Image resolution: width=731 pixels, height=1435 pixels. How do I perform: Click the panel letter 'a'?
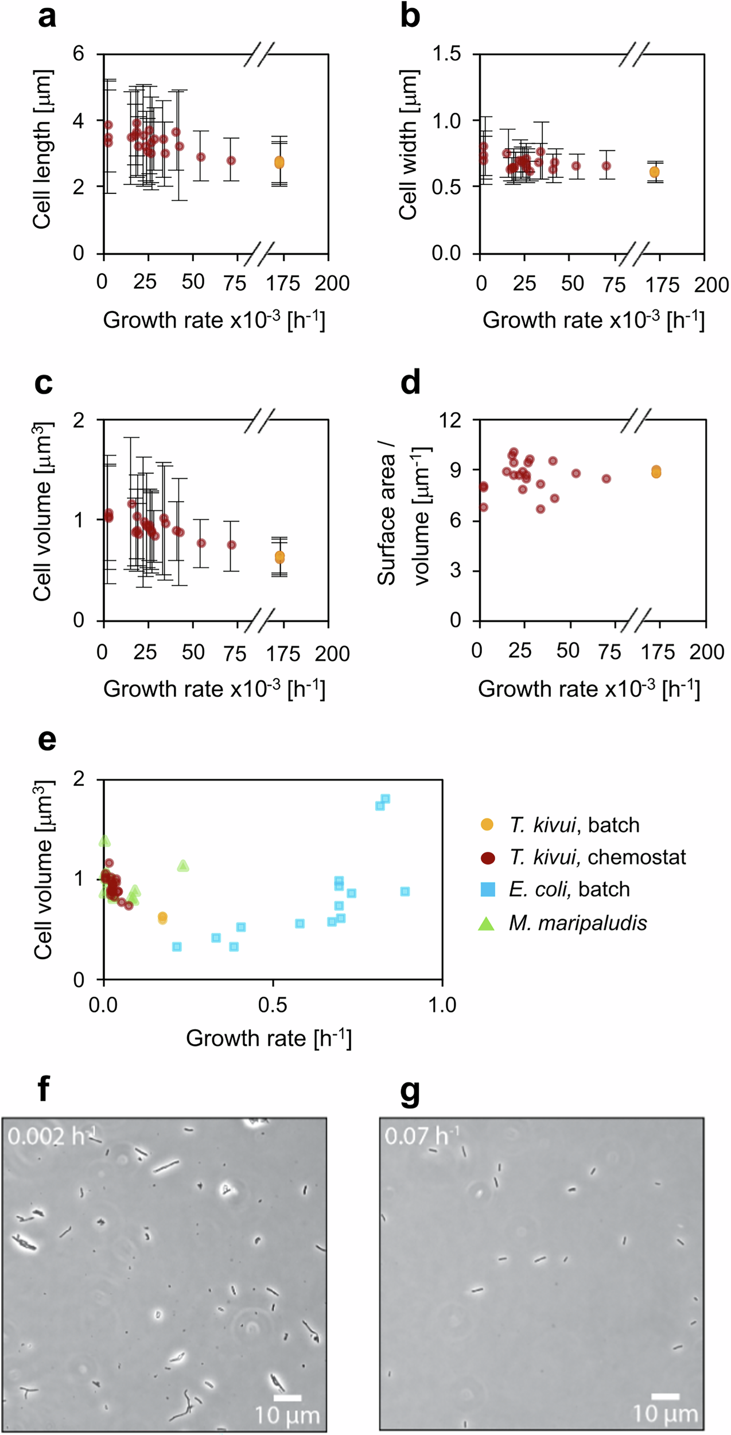47,17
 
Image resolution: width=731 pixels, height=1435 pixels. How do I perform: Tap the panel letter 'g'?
410,1094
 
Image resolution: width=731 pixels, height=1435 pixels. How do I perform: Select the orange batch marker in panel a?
279,162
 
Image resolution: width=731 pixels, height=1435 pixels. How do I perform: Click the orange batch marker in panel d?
656,471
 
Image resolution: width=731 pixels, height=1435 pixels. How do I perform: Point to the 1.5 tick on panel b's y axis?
446,54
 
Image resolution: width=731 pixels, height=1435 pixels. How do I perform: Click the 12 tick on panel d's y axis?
450,420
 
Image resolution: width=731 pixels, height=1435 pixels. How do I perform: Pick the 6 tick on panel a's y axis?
79,54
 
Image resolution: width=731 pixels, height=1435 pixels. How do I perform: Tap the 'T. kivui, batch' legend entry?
574,825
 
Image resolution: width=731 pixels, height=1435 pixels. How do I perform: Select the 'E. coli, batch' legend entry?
569,889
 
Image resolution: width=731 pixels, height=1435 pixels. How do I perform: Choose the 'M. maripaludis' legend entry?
577,923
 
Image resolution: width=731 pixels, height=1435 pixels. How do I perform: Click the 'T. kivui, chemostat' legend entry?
597,857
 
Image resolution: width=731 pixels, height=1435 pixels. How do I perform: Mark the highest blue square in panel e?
385,798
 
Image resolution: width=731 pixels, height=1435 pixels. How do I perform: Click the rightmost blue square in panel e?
405,891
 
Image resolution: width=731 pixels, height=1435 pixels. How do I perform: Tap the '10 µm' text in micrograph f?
287,1415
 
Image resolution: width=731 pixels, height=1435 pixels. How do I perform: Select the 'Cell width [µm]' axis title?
408,145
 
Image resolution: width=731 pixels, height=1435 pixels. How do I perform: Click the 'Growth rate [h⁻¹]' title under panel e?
269,1038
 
